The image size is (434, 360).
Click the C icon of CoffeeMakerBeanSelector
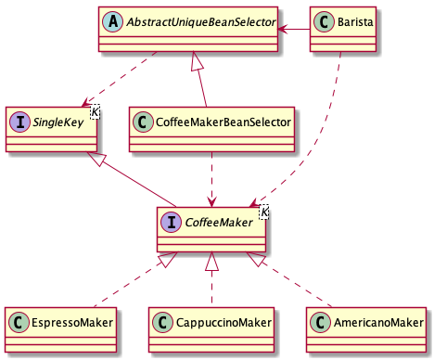145,122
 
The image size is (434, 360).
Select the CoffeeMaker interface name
219,224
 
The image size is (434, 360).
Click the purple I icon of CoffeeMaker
171,224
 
